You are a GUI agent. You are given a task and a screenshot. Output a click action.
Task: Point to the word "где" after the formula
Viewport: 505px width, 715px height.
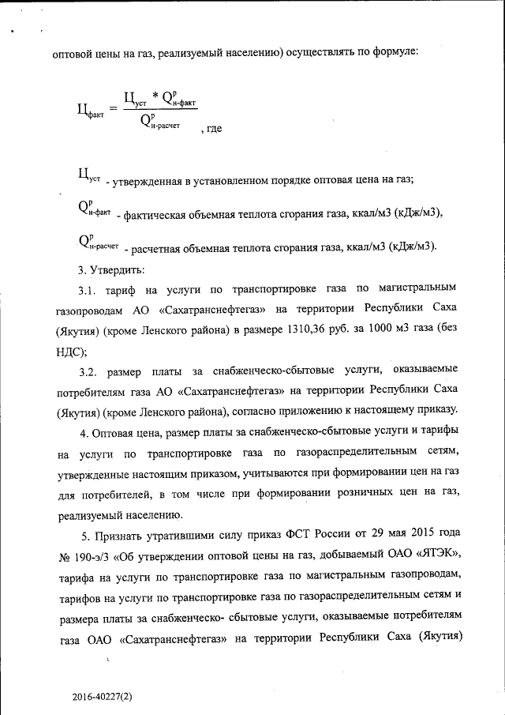[x=212, y=127]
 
